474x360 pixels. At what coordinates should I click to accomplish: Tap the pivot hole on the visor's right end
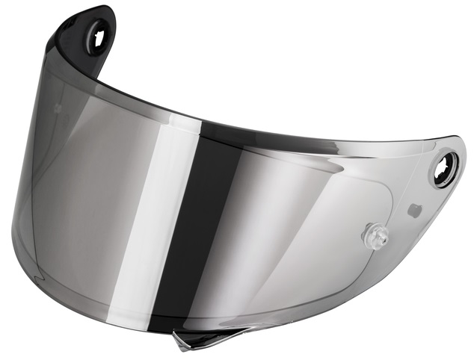pos(444,169)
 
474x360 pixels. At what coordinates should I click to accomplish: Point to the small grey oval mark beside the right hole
pos(413,211)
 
